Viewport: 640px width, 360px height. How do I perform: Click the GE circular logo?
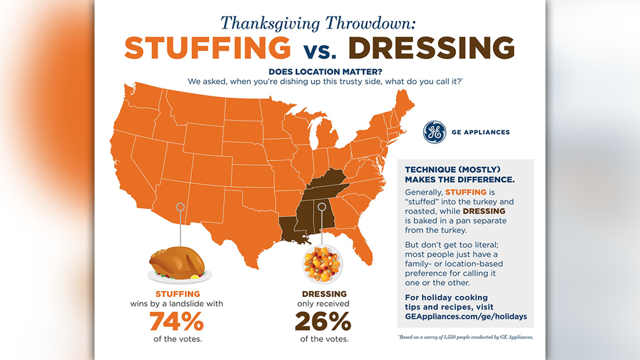pos(434,133)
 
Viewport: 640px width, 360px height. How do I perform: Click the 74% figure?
pos(177,321)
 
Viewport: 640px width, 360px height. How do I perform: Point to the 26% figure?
pos(323,321)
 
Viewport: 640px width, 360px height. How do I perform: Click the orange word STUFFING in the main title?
pos(208,48)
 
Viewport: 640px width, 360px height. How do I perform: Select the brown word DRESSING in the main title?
pos(435,48)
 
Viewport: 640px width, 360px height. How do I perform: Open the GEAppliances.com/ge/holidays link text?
pos(465,316)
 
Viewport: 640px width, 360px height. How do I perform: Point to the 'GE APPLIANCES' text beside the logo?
pos(481,133)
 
